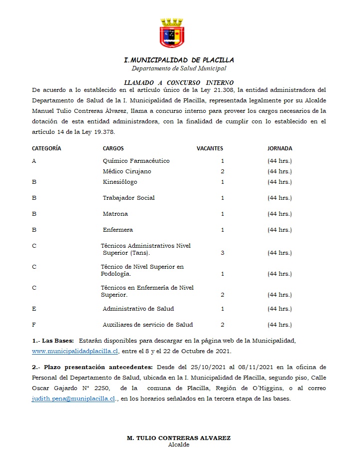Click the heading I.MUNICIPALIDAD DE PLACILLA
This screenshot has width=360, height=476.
(x=179, y=60)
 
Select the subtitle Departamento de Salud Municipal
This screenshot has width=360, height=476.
(x=179, y=68)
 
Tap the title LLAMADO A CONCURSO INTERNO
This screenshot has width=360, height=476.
(x=179, y=82)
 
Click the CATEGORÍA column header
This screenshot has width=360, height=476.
(x=46, y=148)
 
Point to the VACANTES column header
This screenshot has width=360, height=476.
(x=210, y=148)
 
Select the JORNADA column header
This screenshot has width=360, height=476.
(x=280, y=148)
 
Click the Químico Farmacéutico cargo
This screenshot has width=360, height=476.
(x=136, y=161)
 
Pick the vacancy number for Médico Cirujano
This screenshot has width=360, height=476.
(x=222, y=171)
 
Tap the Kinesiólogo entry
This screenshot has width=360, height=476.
(x=120, y=182)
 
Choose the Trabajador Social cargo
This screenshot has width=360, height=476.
(x=129, y=198)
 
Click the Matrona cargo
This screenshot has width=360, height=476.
(x=115, y=214)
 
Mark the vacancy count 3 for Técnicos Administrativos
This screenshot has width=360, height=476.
(x=222, y=253)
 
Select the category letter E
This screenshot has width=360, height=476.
(x=34, y=309)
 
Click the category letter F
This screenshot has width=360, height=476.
(x=34, y=325)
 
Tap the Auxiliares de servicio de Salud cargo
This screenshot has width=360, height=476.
(x=148, y=325)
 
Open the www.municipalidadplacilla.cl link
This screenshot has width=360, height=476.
(x=75, y=352)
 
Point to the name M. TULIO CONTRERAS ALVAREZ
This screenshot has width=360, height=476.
(x=179, y=438)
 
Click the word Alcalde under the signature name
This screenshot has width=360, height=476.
(x=179, y=445)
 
